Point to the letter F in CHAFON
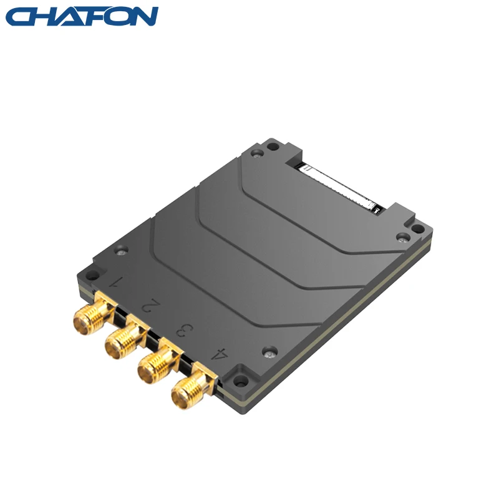point(87,17)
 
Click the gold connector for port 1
point(84,319)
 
